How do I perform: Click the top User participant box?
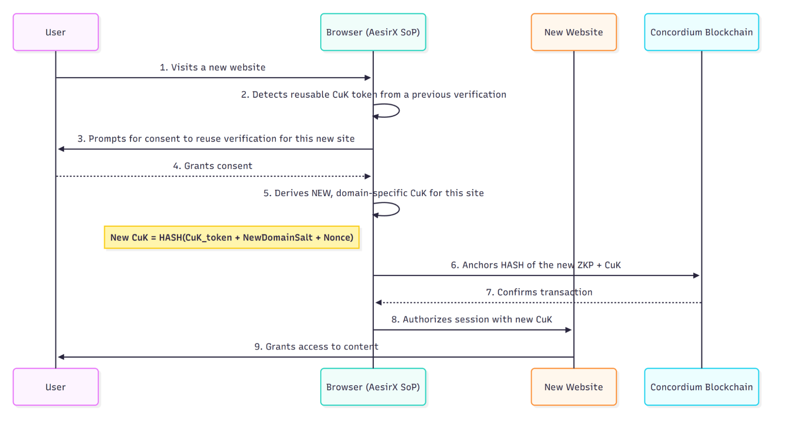[56, 32]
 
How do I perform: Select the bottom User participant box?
[56, 387]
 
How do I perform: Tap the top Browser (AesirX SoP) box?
[373, 32]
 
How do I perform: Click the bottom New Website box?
[574, 387]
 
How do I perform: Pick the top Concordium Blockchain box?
[701, 32]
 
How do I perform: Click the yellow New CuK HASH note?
[232, 237]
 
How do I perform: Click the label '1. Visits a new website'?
[213, 67]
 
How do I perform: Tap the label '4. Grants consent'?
[213, 166]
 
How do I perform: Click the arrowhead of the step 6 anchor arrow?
[696, 275]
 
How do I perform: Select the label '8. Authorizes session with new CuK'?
[471, 320]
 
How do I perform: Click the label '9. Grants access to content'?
[316, 347]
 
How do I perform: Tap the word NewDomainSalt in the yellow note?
[277, 237]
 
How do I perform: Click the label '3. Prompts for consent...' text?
[216, 139]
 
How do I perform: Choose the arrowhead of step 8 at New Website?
[568, 330]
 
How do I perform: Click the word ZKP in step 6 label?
[585, 265]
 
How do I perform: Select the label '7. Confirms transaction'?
[539, 292]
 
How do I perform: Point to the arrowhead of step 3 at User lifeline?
[61, 149]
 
